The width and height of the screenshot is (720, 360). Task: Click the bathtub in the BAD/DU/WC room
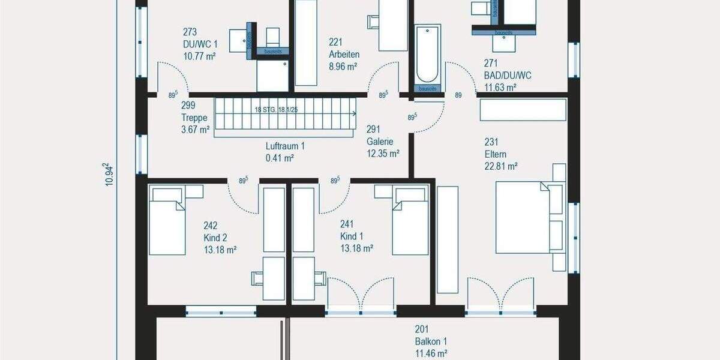pyautogui.click(x=427, y=53)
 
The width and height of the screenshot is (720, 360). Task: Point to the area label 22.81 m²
pyautogui.click(x=500, y=167)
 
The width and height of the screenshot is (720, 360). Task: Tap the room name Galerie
pyautogui.click(x=380, y=142)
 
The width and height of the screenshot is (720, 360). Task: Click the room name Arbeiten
pyautogui.click(x=344, y=54)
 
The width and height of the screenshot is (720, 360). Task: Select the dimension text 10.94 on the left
pyautogui.click(x=107, y=175)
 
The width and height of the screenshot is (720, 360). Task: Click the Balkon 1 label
pyautogui.click(x=430, y=341)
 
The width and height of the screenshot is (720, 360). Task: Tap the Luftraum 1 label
pyautogui.click(x=286, y=146)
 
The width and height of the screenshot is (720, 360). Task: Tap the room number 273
pyautogui.click(x=190, y=32)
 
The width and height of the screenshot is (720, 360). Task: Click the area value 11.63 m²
pyautogui.click(x=500, y=87)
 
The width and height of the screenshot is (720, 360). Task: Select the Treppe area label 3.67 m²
pyautogui.click(x=195, y=129)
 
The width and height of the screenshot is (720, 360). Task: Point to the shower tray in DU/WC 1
pyautogui.click(x=273, y=76)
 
